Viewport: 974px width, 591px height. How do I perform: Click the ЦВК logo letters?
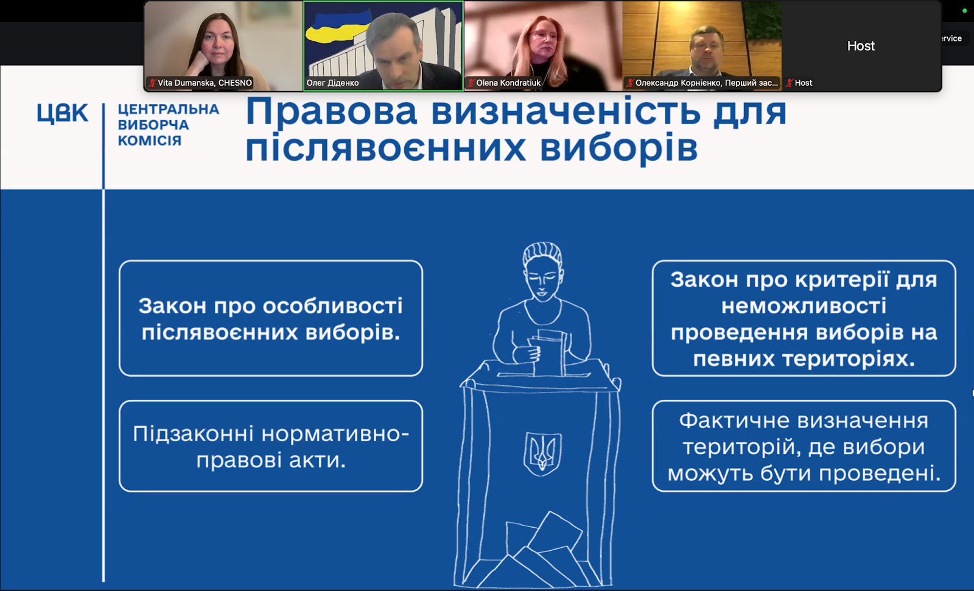[63, 113]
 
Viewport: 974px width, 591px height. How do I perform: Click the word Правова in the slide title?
[331, 112]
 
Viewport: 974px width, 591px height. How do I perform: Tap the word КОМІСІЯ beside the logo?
[150, 141]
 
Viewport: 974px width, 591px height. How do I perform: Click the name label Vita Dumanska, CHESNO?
[205, 83]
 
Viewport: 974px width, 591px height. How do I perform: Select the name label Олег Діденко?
[332, 83]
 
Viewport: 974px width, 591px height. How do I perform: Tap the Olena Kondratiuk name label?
[508, 83]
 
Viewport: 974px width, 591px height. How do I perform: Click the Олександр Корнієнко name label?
[706, 83]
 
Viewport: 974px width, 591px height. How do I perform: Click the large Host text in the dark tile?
[861, 46]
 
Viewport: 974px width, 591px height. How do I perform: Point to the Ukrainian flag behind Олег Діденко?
[337, 28]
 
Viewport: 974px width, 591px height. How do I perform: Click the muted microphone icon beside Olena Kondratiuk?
[471, 83]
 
